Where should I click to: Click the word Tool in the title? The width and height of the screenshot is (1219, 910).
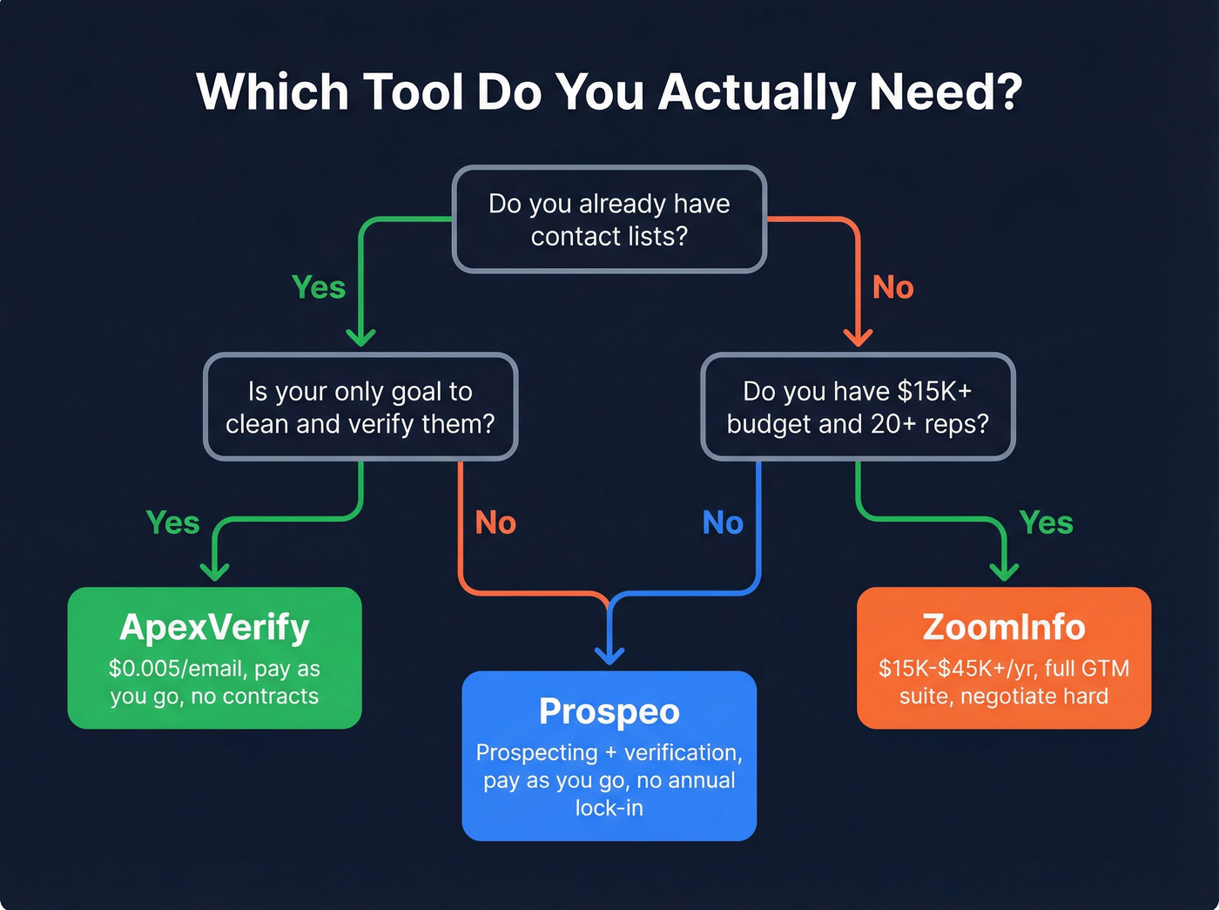[x=412, y=91]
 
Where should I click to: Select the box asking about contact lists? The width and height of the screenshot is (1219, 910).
[x=609, y=219]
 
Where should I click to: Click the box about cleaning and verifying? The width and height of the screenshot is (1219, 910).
[x=360, y=407]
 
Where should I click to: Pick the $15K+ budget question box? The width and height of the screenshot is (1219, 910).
[x=858, y=407]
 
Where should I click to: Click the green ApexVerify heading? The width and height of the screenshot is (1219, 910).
[x=214, y=627]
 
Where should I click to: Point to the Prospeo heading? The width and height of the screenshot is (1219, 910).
[x=609, y=711]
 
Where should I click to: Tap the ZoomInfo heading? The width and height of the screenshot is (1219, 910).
[x=1004, y=627]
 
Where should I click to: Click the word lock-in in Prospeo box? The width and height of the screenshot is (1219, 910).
[x=609, y=808]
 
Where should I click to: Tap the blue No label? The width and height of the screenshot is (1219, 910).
[x=723, y=522]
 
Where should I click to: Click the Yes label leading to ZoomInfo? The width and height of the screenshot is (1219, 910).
[x=1046, y=522]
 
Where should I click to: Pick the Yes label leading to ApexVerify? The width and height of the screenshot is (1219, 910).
[x=172, y=522]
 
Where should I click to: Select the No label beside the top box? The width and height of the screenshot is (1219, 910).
[x=892, y=287]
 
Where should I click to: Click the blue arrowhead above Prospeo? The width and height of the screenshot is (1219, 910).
[x=609, y=655]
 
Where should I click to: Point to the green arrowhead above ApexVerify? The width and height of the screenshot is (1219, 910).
[x=214, y=571]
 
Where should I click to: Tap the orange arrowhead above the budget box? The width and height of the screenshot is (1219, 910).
[x=858, y=337]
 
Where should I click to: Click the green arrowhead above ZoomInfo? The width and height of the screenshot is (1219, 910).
[x=1004, y=571]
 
